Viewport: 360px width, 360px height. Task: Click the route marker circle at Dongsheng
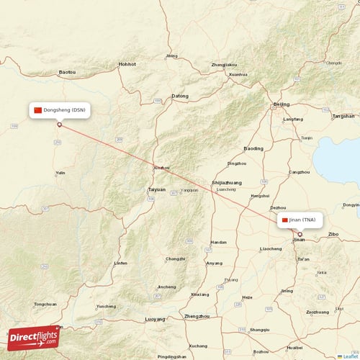pyautogui.click(x=60, y=125)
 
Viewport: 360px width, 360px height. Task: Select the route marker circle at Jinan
pyautogui.click(x=300, y=234)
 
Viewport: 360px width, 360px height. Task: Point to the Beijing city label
pyautogui.click(x=282, y=104)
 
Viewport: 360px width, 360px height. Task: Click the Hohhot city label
pyautogui.click(x=127, y=64)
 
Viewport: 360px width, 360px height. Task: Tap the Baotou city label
pyautogui.click(x=67, y=72)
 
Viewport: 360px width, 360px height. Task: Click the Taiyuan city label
pyautogui.click(x=156, y=189)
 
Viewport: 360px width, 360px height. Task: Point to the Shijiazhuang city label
pyautogui.click(x=227, y=183)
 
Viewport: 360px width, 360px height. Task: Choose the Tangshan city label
pyautogui.click(x=343, y=116)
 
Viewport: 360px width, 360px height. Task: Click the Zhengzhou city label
pyautogui.click(x=197, y=316)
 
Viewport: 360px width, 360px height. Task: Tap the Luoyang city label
pyautogui.click(x=155, y=318)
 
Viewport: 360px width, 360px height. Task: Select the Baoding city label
pyautogui.click(x=253, y=148)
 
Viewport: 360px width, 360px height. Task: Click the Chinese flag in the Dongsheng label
pyautogui.click(x=38, y=110)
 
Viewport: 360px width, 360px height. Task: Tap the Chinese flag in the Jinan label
pyautogui.click(x=285, y=220)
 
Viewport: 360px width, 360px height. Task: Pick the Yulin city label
pyautogui.click(x=60, y=173)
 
